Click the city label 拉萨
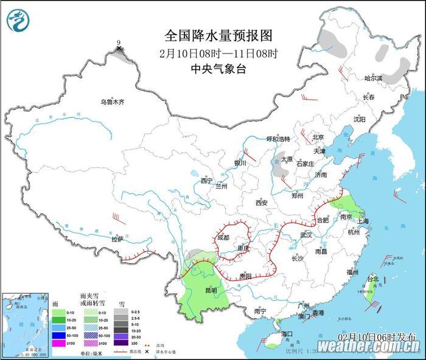point(117,239)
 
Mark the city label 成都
point(223,238)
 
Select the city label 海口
point(287,334)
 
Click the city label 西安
point(262,202)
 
